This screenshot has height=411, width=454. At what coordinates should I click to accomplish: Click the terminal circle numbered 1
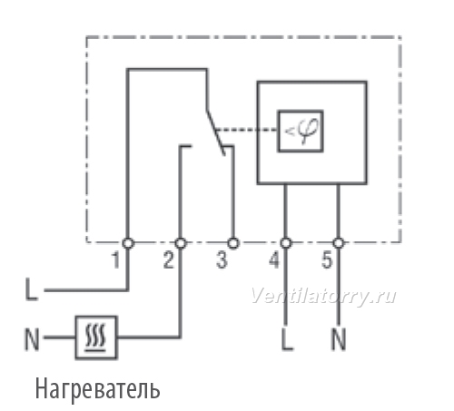128,243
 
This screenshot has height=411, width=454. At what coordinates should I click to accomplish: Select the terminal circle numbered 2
181,243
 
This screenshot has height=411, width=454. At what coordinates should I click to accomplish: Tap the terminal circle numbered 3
233,243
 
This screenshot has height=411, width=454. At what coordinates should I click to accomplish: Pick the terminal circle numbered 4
286,243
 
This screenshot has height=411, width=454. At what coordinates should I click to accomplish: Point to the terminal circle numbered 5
339,243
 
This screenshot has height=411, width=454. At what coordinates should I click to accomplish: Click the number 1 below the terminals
116,260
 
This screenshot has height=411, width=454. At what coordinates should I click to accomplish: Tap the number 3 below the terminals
222,260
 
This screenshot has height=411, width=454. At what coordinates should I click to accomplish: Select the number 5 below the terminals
327,260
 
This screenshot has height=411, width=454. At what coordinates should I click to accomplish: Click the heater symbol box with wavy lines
96,338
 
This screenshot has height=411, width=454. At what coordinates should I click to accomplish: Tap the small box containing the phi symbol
301,131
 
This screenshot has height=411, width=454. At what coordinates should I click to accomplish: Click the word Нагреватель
97,389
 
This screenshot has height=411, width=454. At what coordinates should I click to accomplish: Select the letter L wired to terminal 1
32,289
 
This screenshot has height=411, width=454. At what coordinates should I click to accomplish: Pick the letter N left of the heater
32,339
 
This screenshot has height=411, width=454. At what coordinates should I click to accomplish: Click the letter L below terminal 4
287,339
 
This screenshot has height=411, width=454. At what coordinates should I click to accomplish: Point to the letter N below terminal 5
339,339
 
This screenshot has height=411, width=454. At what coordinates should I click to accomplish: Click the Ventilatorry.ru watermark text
323,296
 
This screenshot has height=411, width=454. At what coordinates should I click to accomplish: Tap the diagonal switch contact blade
216,133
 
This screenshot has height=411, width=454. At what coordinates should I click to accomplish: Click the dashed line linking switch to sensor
246,130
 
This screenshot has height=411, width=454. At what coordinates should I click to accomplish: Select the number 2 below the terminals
169,260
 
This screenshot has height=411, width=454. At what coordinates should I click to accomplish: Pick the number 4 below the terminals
274,260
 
